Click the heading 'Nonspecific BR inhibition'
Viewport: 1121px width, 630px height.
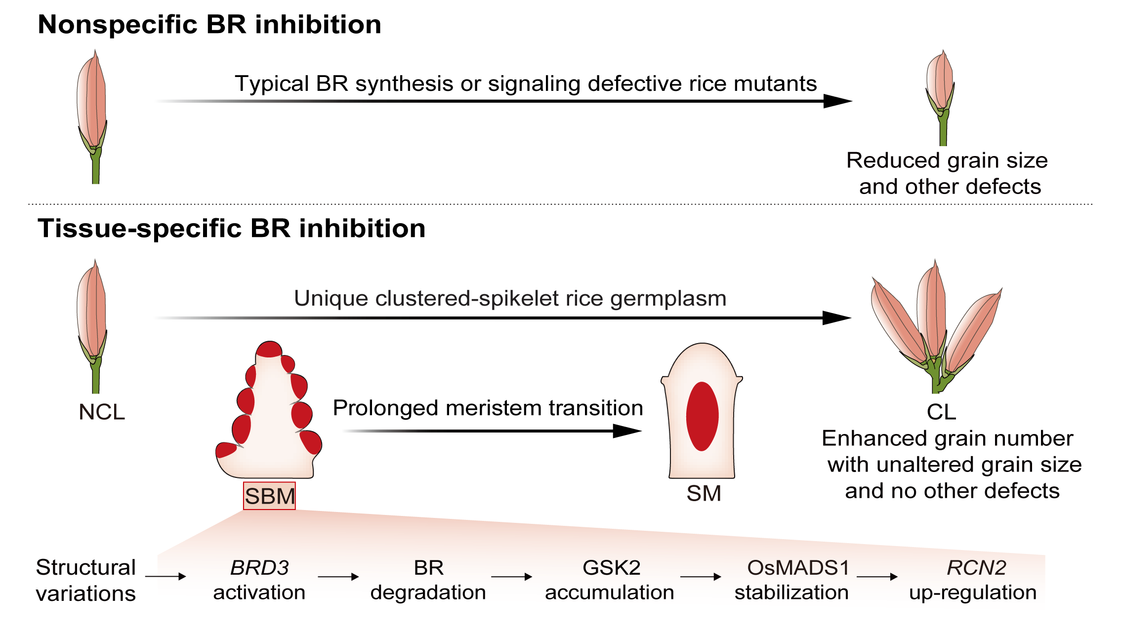click(x=209, y=25)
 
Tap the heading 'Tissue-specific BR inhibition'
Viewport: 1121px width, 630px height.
click(x=231, y=229)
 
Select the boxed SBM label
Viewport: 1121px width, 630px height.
click(x=270, y=496)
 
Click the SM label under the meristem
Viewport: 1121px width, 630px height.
click(x=704, y=494)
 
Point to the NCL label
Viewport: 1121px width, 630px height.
click(x=102, y=412)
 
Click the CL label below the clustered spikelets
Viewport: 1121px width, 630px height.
click(x=941, y=412)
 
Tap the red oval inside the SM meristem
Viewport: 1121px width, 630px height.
click(x=702, y=416)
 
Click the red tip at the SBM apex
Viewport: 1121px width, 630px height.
click(x=269, y=349)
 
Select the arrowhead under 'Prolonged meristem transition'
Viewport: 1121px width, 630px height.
click(x=626, y=431)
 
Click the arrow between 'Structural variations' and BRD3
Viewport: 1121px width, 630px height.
click(x=166, y=576)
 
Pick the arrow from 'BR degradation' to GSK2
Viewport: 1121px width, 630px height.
click(x=512, y=576)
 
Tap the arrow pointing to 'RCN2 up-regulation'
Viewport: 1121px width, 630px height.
click(x=877, y=576)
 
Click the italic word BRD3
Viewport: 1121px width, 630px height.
click(x=259, y=568)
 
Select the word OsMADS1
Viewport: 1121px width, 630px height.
click(x=798, y=568)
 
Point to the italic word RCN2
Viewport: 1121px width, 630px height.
click(x=976, y=568)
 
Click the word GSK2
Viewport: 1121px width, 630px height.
click(x=612, y=568)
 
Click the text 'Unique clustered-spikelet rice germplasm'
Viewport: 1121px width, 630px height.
click(x=510, y=298)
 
